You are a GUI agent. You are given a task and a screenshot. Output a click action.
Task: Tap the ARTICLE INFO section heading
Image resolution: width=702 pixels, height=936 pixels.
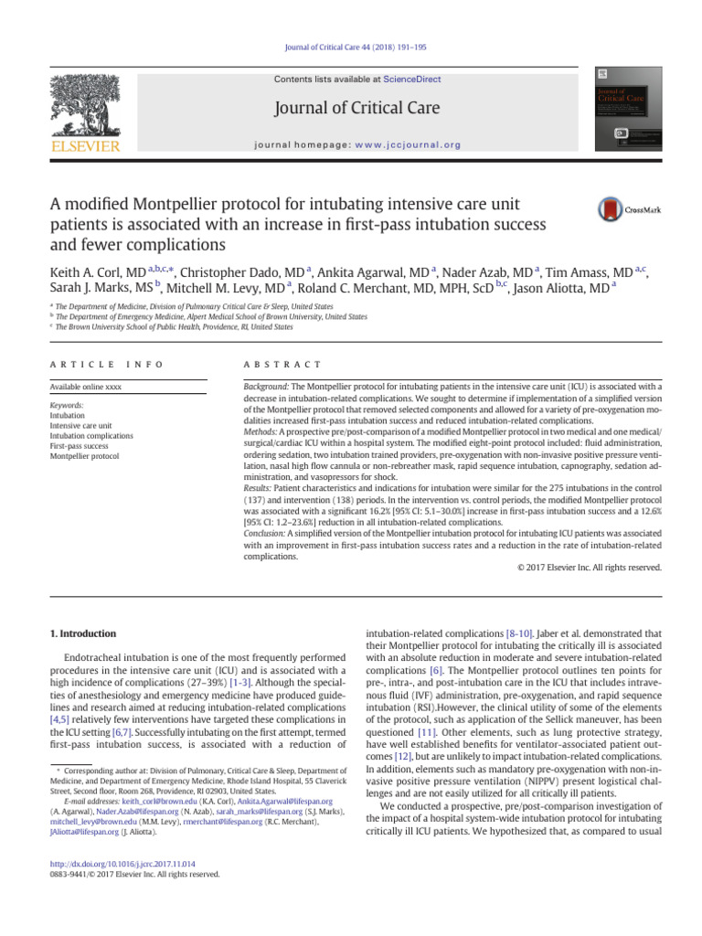click(105, 365)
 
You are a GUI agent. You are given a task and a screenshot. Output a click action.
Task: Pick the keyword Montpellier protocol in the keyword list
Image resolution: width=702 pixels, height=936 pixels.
click(84, 455)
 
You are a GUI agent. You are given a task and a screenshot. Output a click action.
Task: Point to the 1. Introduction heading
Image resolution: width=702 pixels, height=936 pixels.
click(81, 633)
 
